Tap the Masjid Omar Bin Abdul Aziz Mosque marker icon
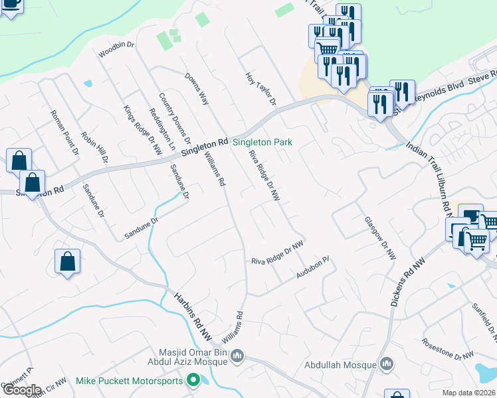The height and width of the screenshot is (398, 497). tap(237, 358)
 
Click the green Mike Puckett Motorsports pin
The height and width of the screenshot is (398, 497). tap(193, 380)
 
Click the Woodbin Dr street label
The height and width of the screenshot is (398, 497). tap(116, 50)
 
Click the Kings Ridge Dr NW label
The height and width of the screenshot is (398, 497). tap(143, 130)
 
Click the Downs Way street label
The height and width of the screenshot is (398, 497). tap(197, 88)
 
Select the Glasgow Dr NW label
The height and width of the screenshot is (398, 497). tap(380, 237)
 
